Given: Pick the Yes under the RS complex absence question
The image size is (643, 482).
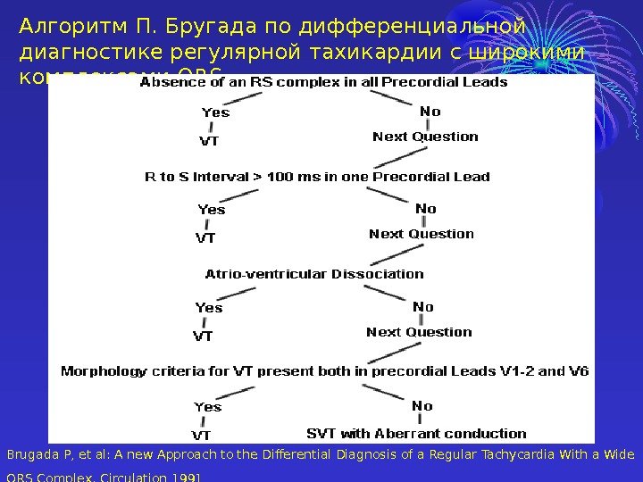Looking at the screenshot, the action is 215,112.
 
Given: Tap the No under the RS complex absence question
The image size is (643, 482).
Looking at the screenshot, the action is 430,112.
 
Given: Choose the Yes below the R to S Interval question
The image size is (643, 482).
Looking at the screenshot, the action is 211,210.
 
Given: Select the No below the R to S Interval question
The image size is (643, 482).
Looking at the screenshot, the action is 425,209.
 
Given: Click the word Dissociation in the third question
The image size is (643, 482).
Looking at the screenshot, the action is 378,274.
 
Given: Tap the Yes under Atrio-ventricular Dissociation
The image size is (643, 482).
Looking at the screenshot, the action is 208,308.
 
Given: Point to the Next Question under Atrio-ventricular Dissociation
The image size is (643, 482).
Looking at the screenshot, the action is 419,332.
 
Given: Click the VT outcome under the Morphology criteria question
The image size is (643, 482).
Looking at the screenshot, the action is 202,436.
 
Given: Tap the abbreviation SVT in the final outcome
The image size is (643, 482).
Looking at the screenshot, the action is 321,434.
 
